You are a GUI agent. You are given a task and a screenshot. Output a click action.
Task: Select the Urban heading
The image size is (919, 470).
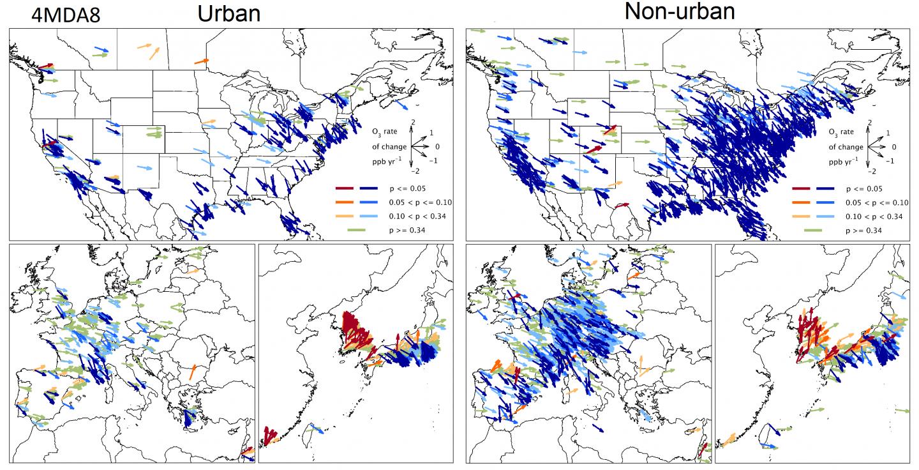tap(228, 13)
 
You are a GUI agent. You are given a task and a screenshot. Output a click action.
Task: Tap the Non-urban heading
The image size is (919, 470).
tap(679, 11)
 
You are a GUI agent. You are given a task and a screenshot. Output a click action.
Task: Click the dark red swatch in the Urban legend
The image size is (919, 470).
tap(347, 189)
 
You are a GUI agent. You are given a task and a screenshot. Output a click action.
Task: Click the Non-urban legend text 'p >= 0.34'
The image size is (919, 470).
tap(864, 230)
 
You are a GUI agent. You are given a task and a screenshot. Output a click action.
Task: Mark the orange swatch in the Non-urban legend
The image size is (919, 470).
tap(802, 202)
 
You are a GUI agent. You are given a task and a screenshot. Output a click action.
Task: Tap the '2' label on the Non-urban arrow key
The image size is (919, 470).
tap(870, 122)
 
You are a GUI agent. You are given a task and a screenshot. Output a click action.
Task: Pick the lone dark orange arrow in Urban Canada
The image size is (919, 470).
tap(202, 61)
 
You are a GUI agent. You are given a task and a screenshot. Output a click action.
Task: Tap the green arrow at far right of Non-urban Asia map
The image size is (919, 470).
tap(902, 411)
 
